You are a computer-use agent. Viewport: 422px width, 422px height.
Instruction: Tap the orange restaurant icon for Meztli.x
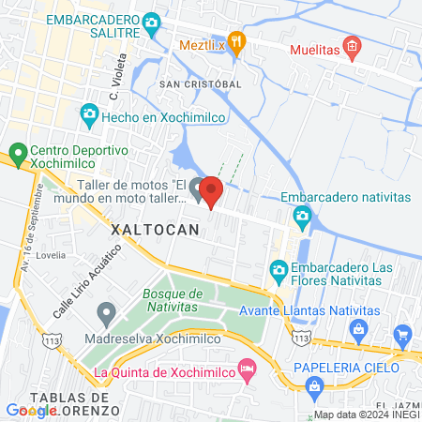237,43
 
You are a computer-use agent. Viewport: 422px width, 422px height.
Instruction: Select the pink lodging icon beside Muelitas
352,46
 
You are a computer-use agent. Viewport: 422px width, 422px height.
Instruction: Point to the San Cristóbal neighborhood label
200,83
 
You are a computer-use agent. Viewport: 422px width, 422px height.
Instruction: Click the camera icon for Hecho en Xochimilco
89,114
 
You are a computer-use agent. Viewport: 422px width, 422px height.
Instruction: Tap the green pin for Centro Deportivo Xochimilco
16,152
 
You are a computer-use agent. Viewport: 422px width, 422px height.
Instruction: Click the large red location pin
211,191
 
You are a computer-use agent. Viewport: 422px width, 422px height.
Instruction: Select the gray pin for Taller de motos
197,188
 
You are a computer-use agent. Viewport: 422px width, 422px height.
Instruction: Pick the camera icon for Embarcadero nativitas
302,219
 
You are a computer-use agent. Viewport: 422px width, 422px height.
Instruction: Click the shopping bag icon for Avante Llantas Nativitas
357,328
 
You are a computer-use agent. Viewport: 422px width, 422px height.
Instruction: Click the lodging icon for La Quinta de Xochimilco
247,368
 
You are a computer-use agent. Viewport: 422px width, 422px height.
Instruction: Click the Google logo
32,410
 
